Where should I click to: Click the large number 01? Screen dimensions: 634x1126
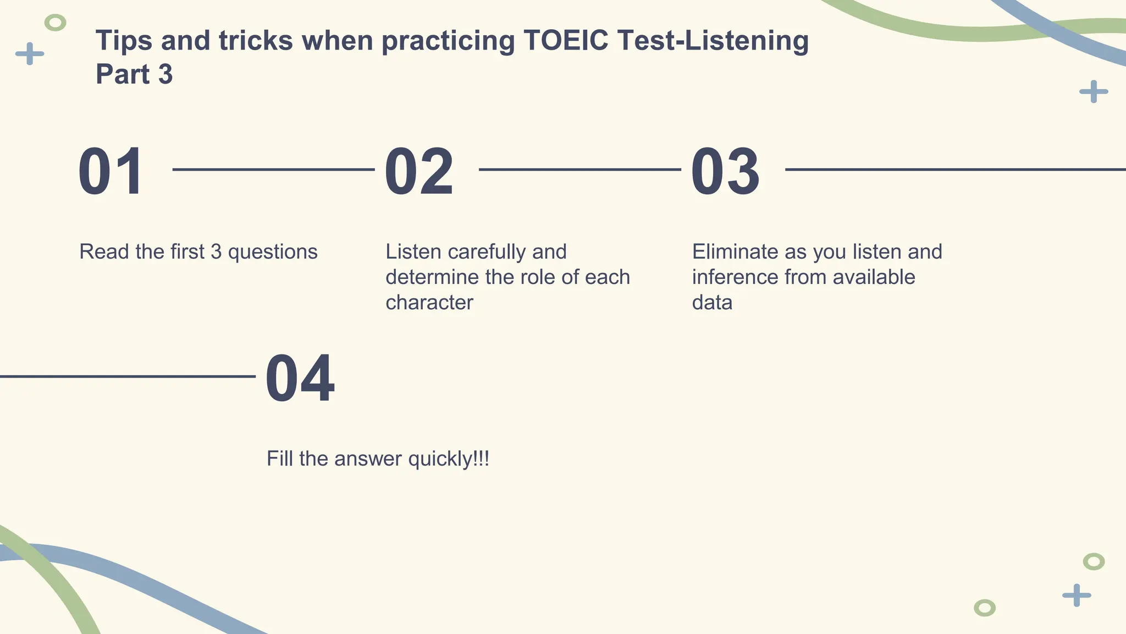111,172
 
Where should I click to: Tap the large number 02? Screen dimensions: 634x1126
419,172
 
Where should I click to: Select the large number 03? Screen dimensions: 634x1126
725,172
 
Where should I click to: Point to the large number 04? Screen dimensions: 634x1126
300,379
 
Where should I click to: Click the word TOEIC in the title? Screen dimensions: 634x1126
565,41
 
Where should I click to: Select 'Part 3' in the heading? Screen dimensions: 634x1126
134,74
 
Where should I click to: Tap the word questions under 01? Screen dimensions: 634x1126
272,252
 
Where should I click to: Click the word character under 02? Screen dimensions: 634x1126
429,303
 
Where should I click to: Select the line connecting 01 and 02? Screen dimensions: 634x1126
273,170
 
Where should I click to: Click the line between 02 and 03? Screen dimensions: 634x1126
579,170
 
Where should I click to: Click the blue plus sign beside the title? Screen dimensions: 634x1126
30,53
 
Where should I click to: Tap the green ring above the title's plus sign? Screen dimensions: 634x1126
55,23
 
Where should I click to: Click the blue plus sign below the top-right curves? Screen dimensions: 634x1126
1094,91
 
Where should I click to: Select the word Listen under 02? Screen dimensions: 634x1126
413,252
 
